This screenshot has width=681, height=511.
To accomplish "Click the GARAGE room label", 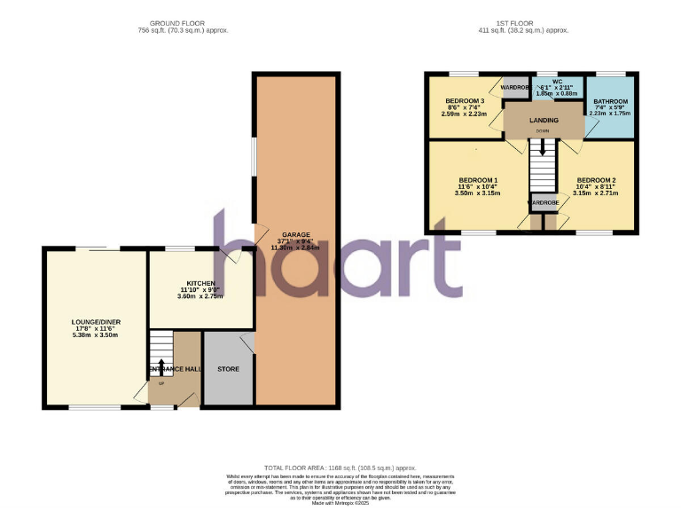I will point(296,235).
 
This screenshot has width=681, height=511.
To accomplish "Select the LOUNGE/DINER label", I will point(96,323).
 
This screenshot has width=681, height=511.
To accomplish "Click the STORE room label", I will point(228,368).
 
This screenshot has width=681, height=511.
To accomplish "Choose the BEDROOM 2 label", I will point(593,180).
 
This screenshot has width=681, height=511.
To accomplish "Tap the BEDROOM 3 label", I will point(465,101).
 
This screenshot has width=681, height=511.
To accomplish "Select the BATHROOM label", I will point(610,102).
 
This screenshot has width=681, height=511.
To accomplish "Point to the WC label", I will point(557,82).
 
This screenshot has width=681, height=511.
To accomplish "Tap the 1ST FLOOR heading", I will point(530,23).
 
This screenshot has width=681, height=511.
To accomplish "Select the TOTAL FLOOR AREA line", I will point(340,468).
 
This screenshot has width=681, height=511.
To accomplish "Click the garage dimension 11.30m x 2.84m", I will point(296,248).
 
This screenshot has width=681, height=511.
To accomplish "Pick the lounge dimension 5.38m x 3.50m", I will point(96,336).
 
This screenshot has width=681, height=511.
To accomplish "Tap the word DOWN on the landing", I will point(542,131).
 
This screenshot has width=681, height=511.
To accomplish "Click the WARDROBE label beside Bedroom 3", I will point(515,88).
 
